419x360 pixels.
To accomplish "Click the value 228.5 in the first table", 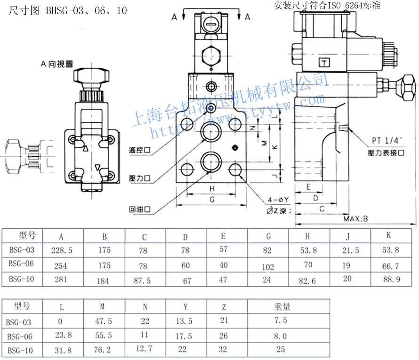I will coord(63,250).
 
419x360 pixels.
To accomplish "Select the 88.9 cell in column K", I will coord(391,279).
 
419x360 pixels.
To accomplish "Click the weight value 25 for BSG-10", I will coord(281,349).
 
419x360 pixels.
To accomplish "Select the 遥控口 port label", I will coord(140,150).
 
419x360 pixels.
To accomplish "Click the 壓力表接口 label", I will coord(387,153).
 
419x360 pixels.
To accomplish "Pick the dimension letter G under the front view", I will coord(212,200).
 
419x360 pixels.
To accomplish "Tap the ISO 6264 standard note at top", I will coord(327,6).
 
